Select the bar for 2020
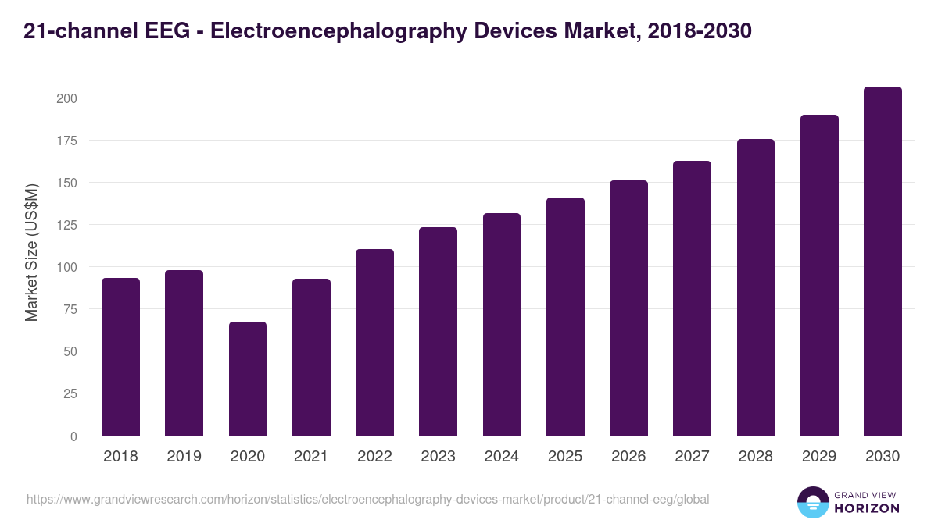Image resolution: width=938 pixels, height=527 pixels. point(248,379)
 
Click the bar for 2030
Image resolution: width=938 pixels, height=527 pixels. point(883,262)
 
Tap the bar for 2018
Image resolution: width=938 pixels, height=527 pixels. point(120,357)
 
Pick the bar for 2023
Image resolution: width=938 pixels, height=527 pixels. point(438,332)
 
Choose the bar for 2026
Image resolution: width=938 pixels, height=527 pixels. point(628,308)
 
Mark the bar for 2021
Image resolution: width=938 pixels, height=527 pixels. point(311,358)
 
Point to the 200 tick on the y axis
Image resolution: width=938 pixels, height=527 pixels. point(66,98)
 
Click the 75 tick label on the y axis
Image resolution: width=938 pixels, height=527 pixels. point(70,309)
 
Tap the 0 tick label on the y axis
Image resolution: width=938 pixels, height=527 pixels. point(73,436)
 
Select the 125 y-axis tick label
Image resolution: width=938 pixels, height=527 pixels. point(66,225)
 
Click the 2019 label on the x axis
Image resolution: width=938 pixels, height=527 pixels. point(184,457)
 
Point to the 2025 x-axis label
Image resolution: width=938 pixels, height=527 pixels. point(565,457)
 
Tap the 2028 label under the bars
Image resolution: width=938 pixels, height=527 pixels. point(755,457)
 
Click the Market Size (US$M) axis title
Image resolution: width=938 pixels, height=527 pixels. point(31,251)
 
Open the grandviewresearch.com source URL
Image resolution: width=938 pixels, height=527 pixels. point(367,499)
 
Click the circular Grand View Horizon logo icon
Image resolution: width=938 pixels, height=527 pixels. point(812,502)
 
